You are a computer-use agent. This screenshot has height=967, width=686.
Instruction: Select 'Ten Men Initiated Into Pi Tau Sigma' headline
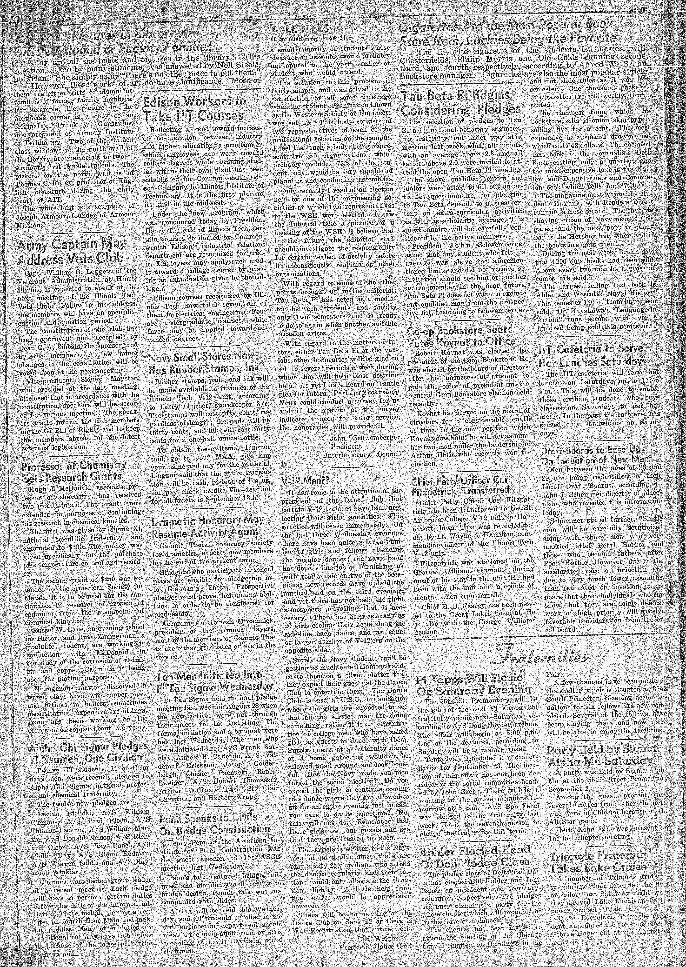point(215,680)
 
